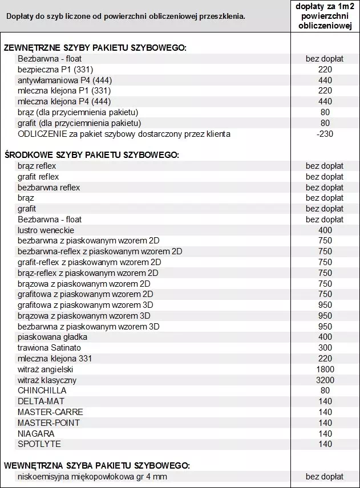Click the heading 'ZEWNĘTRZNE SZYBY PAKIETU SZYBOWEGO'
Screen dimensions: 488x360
tap(95, 48)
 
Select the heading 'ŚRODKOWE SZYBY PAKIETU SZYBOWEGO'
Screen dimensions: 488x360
tap(91, 155)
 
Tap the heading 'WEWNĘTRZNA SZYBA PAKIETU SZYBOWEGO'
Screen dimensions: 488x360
tap(96, 466)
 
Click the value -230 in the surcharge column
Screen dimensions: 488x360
tap(324, 134)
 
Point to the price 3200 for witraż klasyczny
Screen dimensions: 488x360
tap(324, 380)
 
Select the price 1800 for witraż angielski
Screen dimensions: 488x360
tap(324, 369)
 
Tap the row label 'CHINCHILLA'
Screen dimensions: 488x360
tap(42, 391)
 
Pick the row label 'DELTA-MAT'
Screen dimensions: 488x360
tap(41, 401)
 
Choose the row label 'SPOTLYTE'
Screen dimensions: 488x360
tap(39, 444)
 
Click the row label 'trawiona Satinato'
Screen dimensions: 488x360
tap(49, 348)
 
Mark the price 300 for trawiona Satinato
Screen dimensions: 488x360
tap(324, 348)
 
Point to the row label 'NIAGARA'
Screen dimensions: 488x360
tap(36, 433)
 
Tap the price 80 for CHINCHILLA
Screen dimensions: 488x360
tap(324, 391)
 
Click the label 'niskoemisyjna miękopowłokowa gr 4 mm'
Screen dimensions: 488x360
tap(92, 477)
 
